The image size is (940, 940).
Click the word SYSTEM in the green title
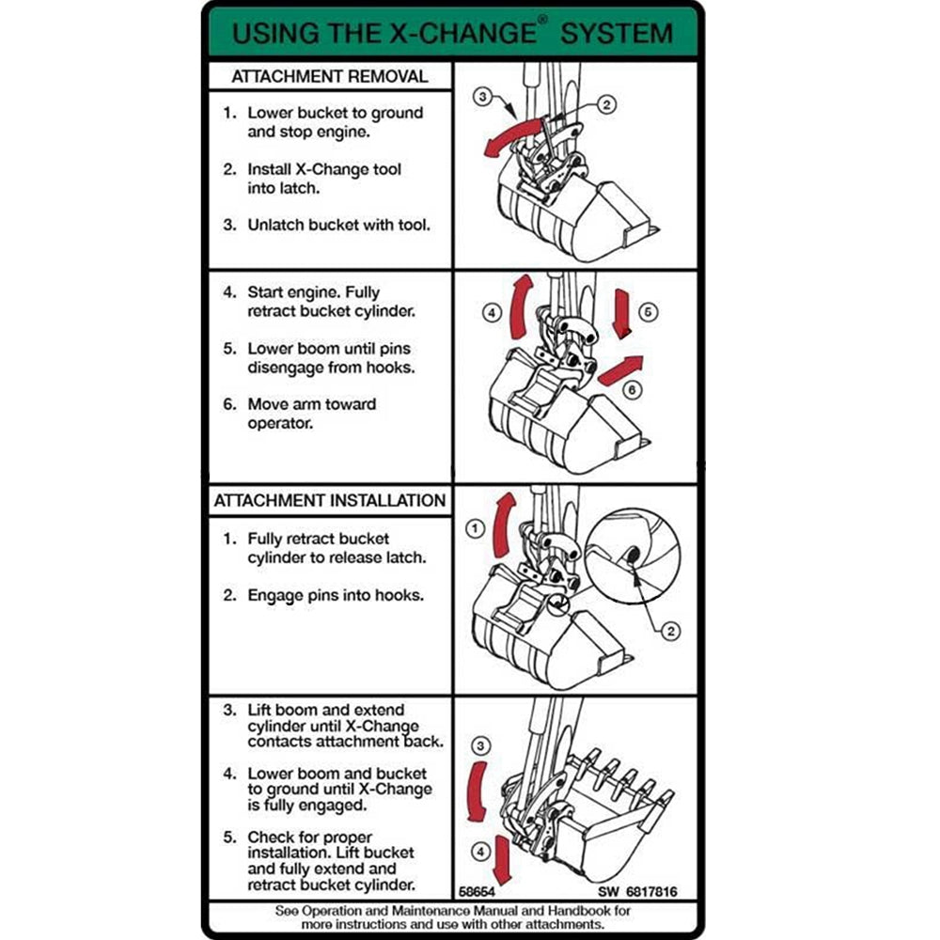617,33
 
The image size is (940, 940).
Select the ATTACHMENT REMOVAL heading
329,76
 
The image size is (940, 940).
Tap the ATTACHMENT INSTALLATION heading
329,500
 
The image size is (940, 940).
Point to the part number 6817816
648,891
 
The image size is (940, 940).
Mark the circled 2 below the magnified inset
670,631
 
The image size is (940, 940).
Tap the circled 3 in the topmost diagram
482,97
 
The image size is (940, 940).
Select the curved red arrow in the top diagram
511,134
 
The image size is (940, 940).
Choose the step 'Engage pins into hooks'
336,595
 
